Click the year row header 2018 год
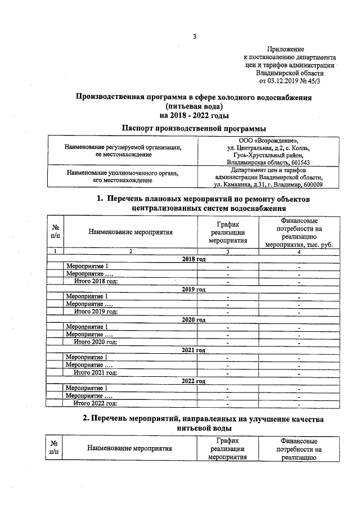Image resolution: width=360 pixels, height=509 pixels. [x=194, y=259]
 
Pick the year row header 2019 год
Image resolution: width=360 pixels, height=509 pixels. [x=194, y=289]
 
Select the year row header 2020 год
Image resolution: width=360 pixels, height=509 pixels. [x=194, y=319]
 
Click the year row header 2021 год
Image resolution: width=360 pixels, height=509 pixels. [x=194, y=350]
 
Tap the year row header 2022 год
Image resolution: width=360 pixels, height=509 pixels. [x=194, y=381]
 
